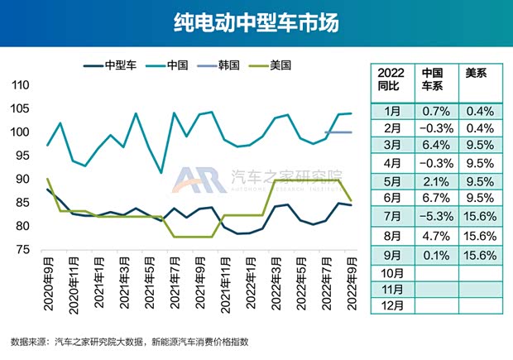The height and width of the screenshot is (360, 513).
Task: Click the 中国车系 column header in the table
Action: [x=432, y=79]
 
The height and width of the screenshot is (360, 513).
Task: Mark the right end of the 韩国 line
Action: [x=352, y=132]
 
